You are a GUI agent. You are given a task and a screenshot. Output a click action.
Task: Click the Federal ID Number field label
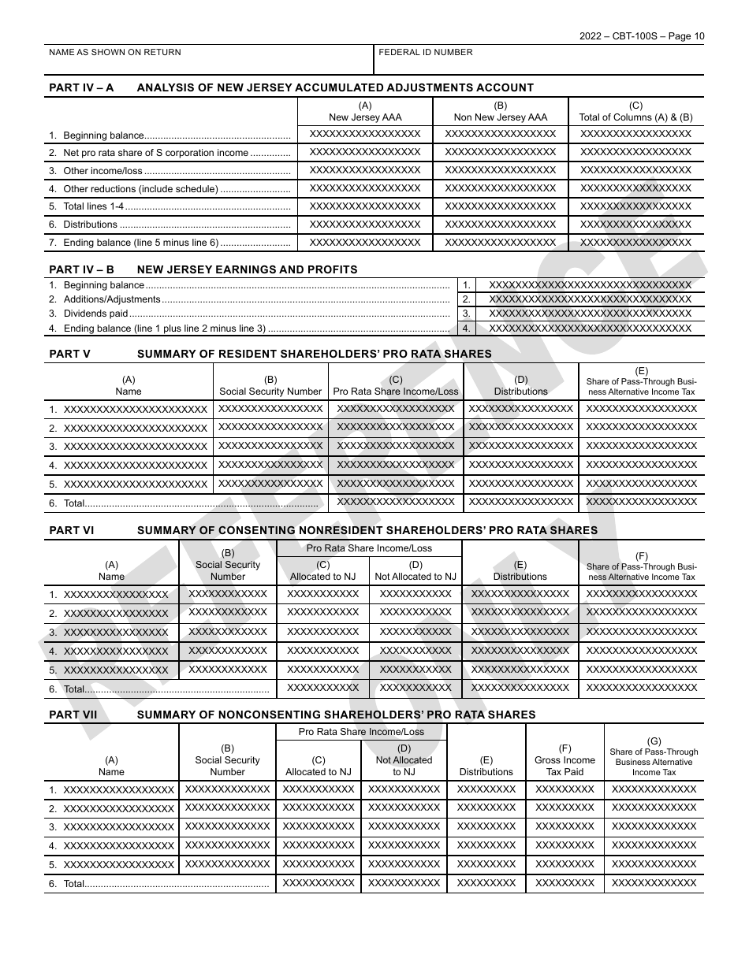click(x=426, y=53)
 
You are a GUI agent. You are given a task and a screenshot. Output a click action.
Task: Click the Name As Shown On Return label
click(x=115, y=53)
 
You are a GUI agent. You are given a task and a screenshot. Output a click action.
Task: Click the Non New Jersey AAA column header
click(x=500, y=112)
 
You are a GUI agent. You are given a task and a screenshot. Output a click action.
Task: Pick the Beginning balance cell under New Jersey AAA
click(x=365, y=134)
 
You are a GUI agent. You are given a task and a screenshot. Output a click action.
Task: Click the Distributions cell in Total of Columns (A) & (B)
click(x=635, y=225)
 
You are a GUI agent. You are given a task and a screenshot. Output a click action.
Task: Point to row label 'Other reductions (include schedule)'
click(x=140, y=189)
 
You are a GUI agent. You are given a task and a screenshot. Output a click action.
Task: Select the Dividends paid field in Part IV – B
click(x=590, y=314)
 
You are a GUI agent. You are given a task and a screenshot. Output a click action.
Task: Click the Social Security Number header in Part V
click(x=270, y=386)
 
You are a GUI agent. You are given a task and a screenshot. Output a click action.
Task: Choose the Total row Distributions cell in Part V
click(x=520, y=502)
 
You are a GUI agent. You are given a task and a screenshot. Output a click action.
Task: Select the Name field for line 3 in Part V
click(x=135, y=447)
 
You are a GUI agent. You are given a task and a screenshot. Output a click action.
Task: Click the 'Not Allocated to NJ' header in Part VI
click(x=415, y=571)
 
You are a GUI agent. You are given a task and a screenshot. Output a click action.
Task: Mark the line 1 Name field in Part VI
click(x=116, y=595)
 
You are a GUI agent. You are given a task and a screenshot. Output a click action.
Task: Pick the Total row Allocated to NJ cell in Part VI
click(x=322, y=688)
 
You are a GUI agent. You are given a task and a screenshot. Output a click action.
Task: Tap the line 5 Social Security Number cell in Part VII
click(x=227, y=864)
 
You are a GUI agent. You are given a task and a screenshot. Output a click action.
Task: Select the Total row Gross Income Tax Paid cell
click(x=565, y=883)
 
